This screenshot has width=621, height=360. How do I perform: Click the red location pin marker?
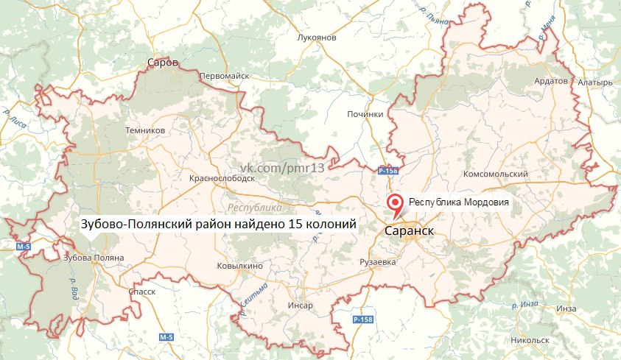coord(396,203)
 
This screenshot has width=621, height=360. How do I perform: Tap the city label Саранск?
coord(409,230)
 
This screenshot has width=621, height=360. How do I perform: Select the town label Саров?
coord(163,63)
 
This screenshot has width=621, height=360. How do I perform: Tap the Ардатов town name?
coord(550,80)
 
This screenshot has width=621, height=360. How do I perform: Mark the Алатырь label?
coord(595,82)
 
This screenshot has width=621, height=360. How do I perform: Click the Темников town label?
coord(145,130)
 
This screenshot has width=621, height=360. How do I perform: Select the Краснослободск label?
coord(222,178)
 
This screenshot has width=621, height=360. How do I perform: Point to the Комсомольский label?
coord(495,174)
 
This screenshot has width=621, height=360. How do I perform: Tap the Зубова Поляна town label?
coord(94,258)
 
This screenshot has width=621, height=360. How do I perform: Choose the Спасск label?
coord(141,292)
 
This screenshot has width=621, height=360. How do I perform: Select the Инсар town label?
coord(301,305)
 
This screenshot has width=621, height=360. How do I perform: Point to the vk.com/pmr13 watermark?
coord(281,169)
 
